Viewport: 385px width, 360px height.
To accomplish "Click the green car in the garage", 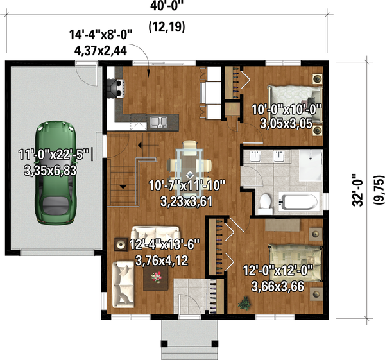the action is coord(55,173).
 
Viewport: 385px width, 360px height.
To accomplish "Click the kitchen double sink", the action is coord(158,121).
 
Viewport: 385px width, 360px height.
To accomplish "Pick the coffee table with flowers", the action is coord(156,278).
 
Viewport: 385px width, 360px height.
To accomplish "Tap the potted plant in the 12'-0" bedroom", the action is coord(244,304).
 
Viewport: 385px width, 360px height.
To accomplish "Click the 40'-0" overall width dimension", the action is coord(167,6).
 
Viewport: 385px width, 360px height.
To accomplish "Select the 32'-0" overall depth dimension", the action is coord(357,190).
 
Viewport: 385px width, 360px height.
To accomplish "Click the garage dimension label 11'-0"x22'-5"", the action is coord(53,155).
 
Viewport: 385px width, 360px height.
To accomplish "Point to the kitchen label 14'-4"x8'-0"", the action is coord(101,35).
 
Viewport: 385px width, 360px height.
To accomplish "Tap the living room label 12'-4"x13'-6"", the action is coord(164,244).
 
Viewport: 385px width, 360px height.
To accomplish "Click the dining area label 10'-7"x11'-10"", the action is coord(187,185).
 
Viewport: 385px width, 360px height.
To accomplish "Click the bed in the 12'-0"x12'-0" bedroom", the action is coord(295,263).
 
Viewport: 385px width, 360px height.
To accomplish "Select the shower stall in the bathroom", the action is coord(311,166).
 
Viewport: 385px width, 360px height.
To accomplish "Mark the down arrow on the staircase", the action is coord(123,187).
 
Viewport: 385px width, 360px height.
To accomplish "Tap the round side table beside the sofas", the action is coord(121,244).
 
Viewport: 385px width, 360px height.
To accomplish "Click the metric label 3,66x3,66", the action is coord(277,286).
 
